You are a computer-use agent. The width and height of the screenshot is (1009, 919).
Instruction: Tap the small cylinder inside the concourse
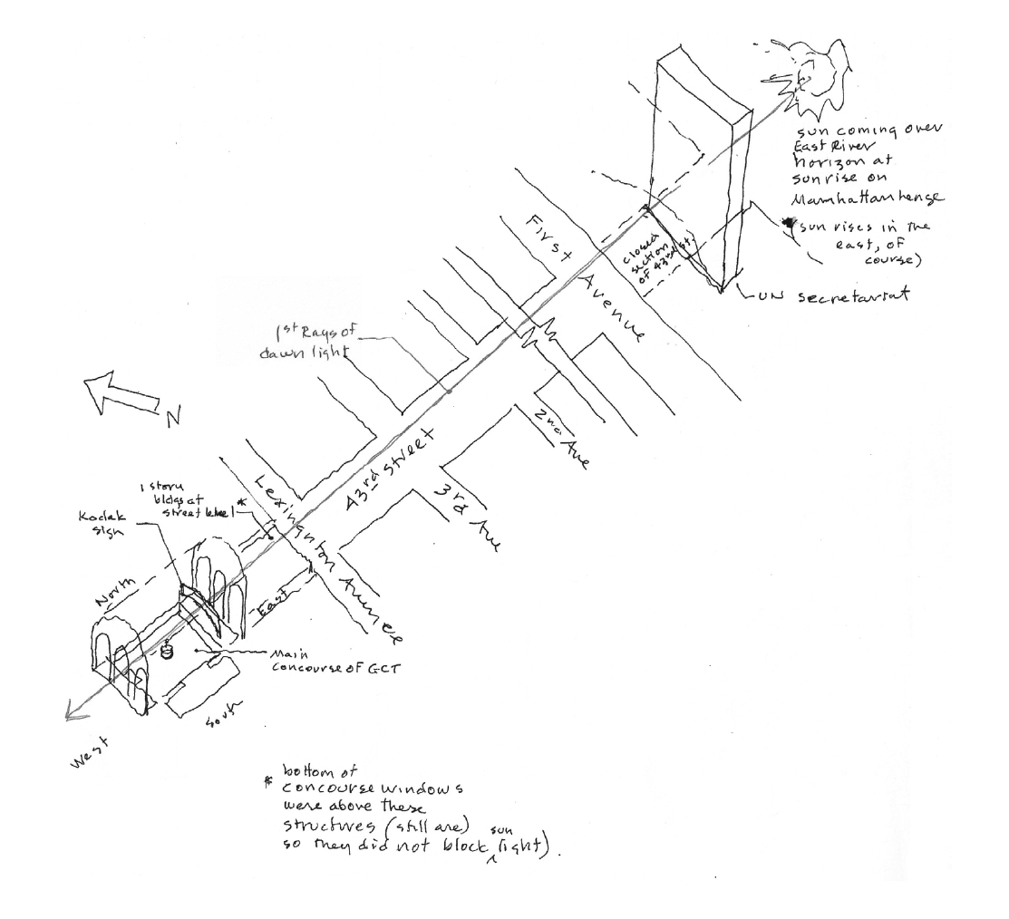(167, 650)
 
